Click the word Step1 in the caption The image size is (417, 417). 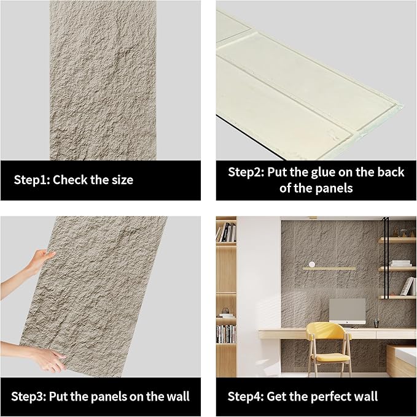(33, 180)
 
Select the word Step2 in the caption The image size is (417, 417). (246, 172)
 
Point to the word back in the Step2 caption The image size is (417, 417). (391, 172)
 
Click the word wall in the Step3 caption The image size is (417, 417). (177, 396)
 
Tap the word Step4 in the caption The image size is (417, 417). (246, 396)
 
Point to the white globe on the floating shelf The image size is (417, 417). (313, 264)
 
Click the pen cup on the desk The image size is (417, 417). (375, 322)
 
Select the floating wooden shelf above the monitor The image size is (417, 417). (329, 268)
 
